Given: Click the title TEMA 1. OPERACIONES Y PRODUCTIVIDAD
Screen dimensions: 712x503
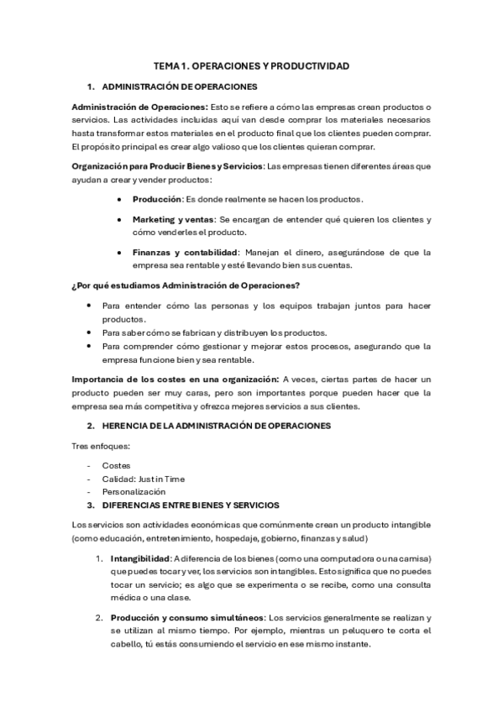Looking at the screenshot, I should click(x=251, y=65).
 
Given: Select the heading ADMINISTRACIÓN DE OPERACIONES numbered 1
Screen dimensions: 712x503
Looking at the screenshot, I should click(x=179, y=86).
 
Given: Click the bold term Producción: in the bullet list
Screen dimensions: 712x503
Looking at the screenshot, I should click(x=158, y=199).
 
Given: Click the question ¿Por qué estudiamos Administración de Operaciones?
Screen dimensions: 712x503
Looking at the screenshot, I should click(x=186, y=285).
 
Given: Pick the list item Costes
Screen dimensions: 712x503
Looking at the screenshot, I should click(x=116, y=464).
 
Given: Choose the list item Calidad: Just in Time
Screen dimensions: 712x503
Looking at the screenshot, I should click(x=143, y=479).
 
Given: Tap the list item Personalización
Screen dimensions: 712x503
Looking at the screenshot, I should click(x=134, y=491).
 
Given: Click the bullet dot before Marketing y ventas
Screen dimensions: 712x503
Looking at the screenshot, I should click(x=122, y=219).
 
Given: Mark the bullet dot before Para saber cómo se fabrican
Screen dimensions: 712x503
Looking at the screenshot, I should click(x=91, y=332).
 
